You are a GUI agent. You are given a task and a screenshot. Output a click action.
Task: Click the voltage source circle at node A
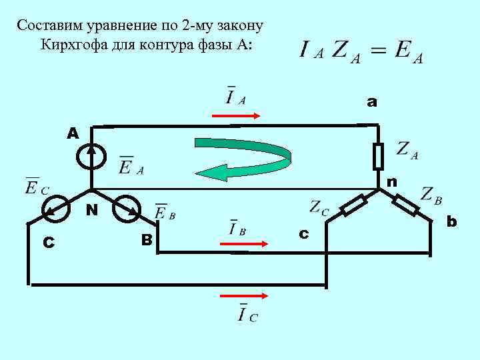(91, 156)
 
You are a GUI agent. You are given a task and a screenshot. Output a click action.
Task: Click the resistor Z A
(377, 156)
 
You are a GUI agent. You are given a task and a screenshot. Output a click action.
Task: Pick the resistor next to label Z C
(355, 205)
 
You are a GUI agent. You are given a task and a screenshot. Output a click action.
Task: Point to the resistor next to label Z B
(405, 204)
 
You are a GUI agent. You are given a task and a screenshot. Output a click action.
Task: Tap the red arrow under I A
(236, 115)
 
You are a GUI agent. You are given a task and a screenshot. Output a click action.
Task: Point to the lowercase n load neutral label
(392, 181)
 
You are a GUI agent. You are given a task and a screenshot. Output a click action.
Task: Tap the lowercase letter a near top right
(371, 102)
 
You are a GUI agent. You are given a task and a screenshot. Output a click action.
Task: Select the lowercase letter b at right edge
(452, 220)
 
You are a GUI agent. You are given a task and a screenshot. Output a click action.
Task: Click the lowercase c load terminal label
(304, 234)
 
